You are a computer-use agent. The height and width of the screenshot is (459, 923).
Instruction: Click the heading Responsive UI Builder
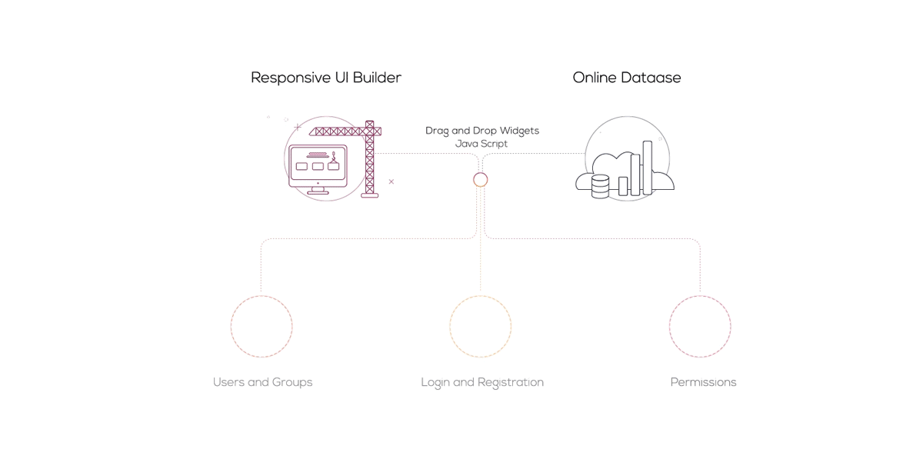point(326,78)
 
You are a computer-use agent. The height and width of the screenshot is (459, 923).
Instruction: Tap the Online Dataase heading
point(627,78)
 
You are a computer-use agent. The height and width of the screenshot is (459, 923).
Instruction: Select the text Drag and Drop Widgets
point(482,131)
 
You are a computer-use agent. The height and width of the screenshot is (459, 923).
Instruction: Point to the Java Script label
point(481,143)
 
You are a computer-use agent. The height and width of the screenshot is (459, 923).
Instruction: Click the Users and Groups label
point(262,382)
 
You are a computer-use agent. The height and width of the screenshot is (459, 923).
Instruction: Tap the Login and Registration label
point(482,382)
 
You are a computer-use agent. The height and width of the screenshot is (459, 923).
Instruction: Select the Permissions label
point(703,382)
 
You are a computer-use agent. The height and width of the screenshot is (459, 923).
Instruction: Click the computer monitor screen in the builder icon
point(318,165)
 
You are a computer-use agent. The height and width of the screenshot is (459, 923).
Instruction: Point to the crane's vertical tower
point(370,158)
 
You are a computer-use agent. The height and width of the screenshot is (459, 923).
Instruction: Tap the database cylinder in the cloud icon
point(601,186)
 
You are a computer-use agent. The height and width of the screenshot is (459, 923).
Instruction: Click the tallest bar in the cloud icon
point(648,168)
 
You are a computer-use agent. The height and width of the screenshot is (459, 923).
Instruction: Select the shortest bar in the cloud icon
point(623,186)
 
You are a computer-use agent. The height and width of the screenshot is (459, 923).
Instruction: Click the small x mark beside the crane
point(392,181)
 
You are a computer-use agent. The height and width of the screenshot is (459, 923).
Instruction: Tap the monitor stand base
point(318,191)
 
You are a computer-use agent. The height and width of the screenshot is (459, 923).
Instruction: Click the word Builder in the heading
point(377,78)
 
